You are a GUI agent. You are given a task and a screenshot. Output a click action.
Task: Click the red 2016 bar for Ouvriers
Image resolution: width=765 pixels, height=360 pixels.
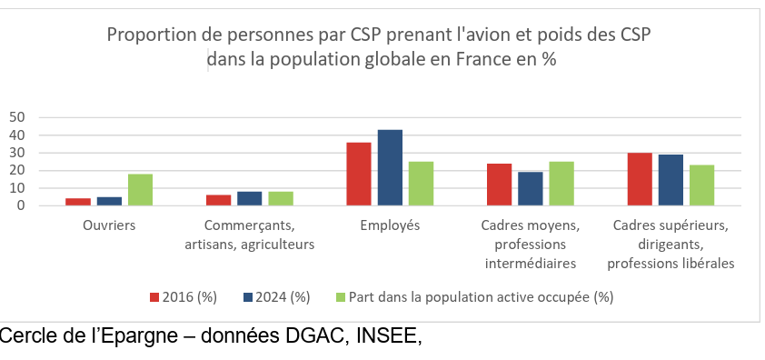(x=78, y=202)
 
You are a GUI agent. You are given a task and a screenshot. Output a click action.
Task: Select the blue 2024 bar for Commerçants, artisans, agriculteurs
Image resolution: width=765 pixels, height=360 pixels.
(x=250, y=199)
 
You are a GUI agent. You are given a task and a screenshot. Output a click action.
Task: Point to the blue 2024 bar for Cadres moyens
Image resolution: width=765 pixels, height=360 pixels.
(x=531, y=189)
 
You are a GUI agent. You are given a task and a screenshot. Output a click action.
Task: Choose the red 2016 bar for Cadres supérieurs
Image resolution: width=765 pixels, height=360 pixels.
(x=640, y=179)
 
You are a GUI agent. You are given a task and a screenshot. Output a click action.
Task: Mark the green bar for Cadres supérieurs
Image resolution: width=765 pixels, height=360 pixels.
(x=702, y=185)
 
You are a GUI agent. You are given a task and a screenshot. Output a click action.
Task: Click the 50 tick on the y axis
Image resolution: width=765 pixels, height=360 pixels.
(x=17, y=117)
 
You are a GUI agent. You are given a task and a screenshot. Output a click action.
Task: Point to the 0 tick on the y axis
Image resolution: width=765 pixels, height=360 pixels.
(x=21, y=206)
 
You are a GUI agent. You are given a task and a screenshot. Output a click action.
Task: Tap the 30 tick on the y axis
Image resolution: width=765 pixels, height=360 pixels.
(x=17, y=153)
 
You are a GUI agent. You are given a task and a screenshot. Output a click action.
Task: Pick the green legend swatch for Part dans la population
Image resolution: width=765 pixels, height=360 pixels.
(x=342, y=297)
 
